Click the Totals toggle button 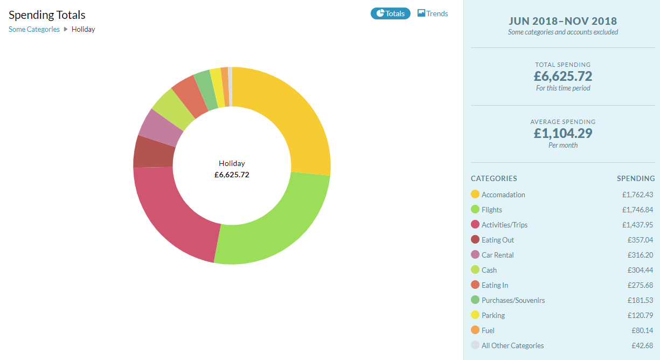(391, 13)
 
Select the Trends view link (433, 13)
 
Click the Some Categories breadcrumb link (34, 29)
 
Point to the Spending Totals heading (47, 15)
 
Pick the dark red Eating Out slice (154, 153)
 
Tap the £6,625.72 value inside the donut (232, 175)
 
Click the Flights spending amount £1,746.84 (637, 210)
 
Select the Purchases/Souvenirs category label (513, 300)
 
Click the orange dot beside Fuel (475, 330)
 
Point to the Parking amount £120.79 (640, 315)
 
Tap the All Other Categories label (513, 345)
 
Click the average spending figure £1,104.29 (563, 133)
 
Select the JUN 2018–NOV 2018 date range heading (563, 21)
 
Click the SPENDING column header (636, 178)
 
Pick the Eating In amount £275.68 (640, 285)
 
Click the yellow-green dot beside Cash (475, 269)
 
